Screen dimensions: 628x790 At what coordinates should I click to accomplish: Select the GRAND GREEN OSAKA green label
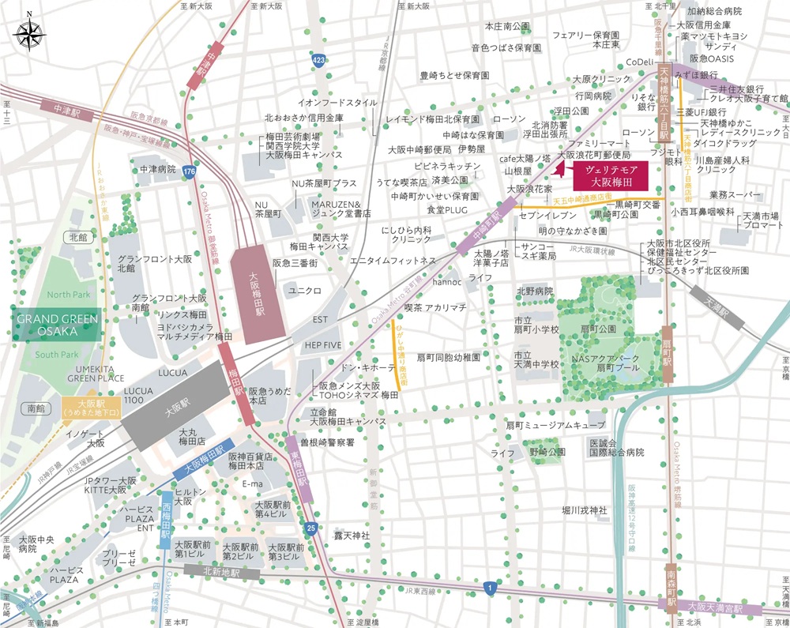[56, 325]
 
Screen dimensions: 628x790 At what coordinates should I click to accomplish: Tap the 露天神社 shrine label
[352, 536]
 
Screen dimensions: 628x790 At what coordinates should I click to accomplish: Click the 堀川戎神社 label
[584, 510]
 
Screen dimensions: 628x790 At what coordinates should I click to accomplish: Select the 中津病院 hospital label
[157, 168]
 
